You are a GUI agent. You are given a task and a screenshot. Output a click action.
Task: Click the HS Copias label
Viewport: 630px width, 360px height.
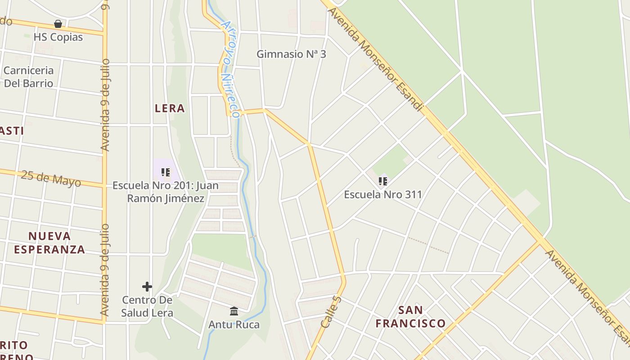coord(58,37)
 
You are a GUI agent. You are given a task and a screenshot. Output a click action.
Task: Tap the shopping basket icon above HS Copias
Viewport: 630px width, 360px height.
coord(58,24)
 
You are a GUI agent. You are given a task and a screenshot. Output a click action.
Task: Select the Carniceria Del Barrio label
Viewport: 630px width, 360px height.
coord(28,76)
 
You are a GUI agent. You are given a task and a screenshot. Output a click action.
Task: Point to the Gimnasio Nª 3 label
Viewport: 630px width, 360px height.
coord(291,54)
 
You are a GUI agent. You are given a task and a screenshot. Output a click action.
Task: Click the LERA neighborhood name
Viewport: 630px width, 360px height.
coord(170,108)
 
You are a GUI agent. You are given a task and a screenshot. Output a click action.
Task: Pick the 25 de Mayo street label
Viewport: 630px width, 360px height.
coord(51,179)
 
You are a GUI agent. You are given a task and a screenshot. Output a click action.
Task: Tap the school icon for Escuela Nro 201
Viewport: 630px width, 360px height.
coord(166,172)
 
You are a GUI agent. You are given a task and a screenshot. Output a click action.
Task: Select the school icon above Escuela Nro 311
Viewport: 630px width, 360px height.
coord(382,181)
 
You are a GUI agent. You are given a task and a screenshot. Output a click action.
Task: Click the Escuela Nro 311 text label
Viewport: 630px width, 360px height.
coord(382,194)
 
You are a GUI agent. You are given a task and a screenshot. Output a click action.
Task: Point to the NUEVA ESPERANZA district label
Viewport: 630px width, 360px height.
coord(49,243)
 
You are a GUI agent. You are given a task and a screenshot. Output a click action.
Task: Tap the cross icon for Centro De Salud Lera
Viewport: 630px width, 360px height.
coord(147,287)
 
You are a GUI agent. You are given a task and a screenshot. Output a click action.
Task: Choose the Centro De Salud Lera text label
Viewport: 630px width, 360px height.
coord(147,306)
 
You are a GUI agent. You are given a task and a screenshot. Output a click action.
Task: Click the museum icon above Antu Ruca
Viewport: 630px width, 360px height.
coord(234,311)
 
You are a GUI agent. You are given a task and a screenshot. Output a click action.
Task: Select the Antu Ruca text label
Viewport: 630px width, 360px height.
coord(234,324)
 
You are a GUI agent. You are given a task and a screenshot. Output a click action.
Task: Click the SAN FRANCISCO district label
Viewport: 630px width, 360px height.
coord(410,316)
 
